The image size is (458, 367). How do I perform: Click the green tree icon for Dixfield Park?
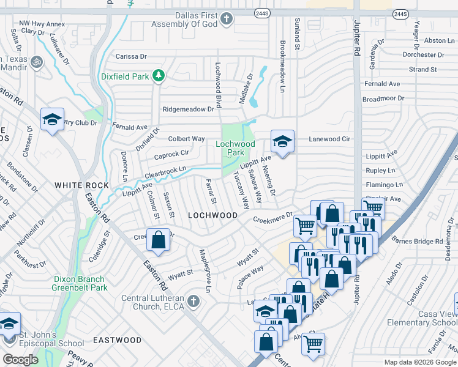point(159,76)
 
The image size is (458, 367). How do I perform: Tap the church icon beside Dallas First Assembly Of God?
point(227,19)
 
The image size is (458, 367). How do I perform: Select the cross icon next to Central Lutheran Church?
point(193,300)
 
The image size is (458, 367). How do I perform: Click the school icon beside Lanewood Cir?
point(282,142)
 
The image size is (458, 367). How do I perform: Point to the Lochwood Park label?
point(235,148)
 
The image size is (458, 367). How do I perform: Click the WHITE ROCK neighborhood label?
point(81,185)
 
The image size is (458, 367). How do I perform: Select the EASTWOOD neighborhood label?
point(117,339)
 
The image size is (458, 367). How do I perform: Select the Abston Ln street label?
point(435,40)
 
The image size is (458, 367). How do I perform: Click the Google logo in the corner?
point(20,360)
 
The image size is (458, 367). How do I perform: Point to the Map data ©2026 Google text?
point(419,362)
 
